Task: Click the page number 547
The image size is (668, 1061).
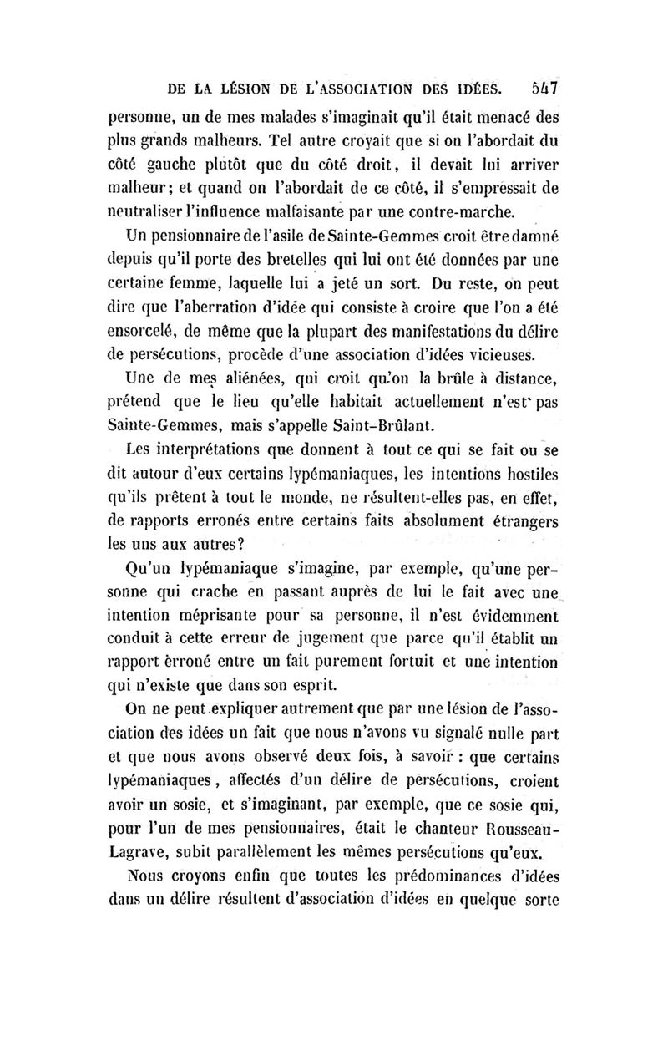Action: click(543, 86)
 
